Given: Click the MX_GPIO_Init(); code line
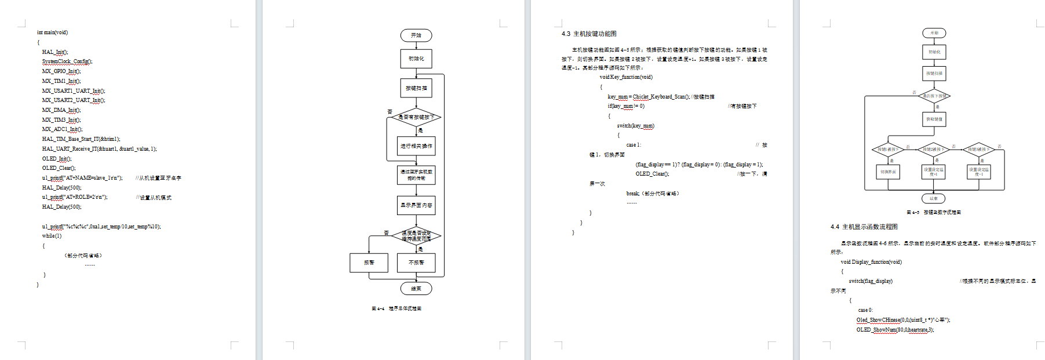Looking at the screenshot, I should (61, 71).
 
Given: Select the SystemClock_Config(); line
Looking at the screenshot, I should (67, 61).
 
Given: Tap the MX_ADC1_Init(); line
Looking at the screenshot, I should (62, 129).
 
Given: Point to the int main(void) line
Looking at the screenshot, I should (52, 32).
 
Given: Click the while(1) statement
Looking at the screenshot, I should (52, 236).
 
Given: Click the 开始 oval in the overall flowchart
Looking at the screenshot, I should (416, 35).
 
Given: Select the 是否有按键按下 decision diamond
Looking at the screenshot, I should (416, 117).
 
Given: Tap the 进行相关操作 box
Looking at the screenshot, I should (416, 146).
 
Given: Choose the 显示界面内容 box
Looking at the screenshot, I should (416, 205).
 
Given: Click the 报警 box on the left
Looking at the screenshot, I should (369, 263).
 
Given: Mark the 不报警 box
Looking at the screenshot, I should (416, 263).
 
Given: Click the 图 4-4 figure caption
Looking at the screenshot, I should (396, 308).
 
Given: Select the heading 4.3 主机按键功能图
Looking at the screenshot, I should (589, 34).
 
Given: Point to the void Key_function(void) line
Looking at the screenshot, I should (626, 77).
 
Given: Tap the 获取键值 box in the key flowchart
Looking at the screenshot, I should (934, 119).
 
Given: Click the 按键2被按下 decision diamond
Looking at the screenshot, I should (933, 150).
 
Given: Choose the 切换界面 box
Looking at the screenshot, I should (888, 172).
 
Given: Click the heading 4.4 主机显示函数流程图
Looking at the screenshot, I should (864, 227).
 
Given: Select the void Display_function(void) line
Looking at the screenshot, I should (871, 262).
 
